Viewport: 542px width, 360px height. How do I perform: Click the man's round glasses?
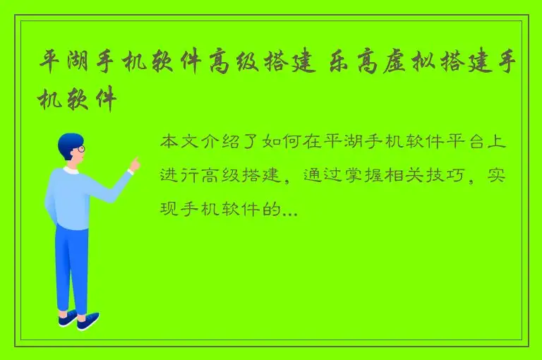pyautogui.click(x=80, y=149)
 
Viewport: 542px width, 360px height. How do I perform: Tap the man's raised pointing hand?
pyautogui.click(x=133, y=164)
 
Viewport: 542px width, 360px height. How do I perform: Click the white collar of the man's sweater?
pyautogui.click(x=71, y=170)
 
